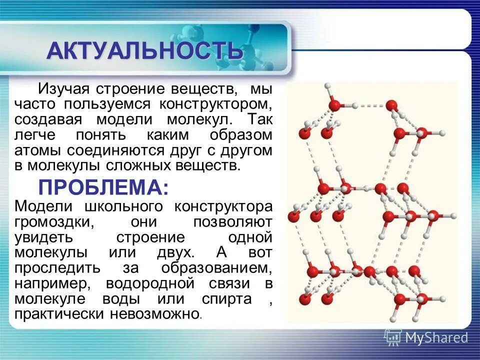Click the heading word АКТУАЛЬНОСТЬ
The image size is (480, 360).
[x=145, y=51]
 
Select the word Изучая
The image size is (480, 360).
[x=63, y=89]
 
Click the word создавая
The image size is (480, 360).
[x=45, y=120]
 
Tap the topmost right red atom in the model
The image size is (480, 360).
[x=392, y=105]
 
